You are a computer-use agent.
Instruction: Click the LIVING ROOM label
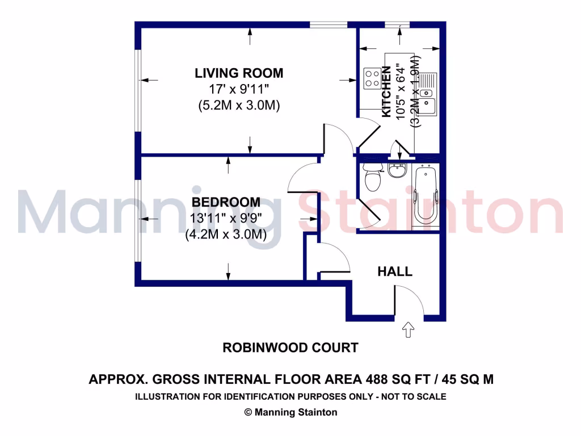(239, 73)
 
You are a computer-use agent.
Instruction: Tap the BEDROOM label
(226, 202)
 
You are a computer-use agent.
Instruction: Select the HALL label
(395, 272)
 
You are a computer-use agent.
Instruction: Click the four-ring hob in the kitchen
(372, 78)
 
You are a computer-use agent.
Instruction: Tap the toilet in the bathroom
(373, 177)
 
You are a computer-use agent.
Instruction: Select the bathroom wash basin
(397, 169)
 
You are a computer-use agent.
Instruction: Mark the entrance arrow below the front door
(408, 330)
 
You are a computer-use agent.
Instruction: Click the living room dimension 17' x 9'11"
(239, 89)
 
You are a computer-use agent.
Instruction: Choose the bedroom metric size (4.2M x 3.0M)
(226, 234)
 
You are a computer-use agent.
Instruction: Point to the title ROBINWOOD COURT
(290, 347)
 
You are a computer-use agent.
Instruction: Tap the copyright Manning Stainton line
(290, 413)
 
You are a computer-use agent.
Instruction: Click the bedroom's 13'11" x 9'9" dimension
(226, 219)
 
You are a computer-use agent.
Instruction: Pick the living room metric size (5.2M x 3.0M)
(239, 106)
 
